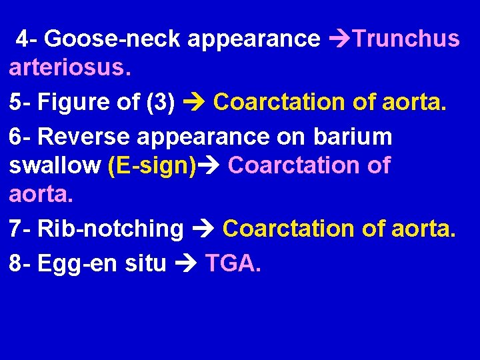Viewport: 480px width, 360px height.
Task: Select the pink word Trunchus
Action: coord(406,39)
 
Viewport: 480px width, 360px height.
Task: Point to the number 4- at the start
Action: coord(28,39)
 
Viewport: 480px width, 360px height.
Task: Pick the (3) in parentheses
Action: coord(159,103)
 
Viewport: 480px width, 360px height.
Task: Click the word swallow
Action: coord(55,165)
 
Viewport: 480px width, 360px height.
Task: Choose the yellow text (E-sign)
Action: coord(152,165)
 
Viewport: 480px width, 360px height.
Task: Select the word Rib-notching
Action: coord(111,228)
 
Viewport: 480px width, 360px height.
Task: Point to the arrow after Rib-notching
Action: coord(203,228)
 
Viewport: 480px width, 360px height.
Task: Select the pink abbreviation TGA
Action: coord(233,264)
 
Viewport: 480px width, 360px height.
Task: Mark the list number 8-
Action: coord(21,264)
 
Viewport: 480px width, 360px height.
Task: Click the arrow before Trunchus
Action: coord(339,39)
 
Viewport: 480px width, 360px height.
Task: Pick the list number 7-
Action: coord(21,228)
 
